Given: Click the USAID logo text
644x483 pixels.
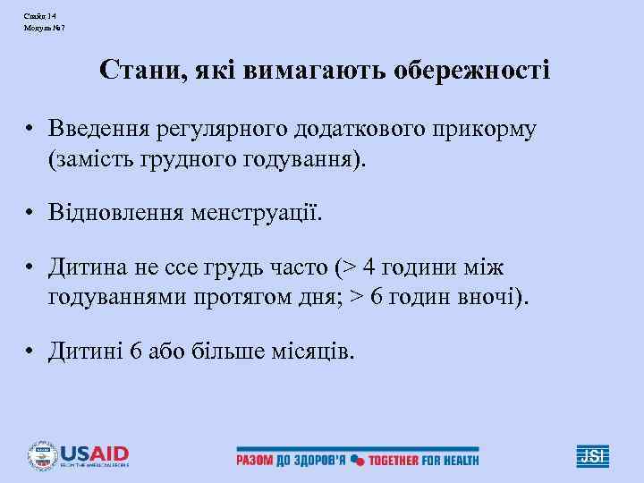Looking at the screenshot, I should (x=94, y=453).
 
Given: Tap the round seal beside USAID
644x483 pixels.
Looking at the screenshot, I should (x=41, y=455).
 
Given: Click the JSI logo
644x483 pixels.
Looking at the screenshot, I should (x=592, y=455).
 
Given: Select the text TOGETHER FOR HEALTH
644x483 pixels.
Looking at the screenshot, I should (x=424, y=460).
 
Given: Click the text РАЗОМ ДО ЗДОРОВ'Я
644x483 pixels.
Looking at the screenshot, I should (x=290, y=460).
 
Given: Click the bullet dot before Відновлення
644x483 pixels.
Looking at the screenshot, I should (x=30, y=214).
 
